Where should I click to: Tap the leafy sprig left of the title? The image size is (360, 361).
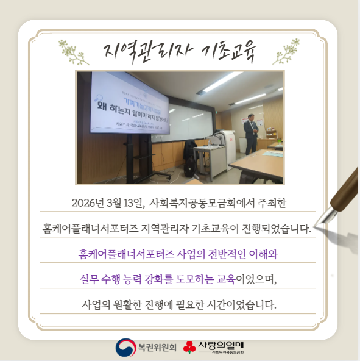pyautogui.click(x=72, y=51)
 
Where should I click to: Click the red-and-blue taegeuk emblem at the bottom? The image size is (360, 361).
pyautogui.click(x=125, y=348)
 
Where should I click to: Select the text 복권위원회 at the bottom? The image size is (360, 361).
pyautogui.click(x=157, y=348)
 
